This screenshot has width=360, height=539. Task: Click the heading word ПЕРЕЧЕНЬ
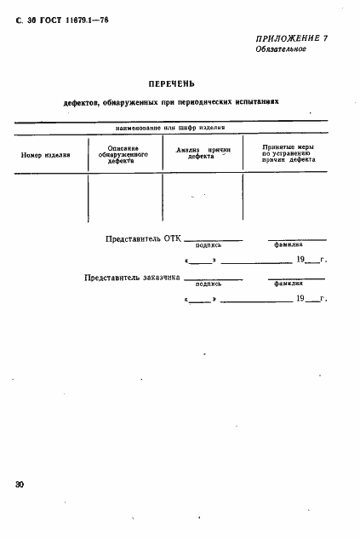pyautogui.click(x=171, y=83)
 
